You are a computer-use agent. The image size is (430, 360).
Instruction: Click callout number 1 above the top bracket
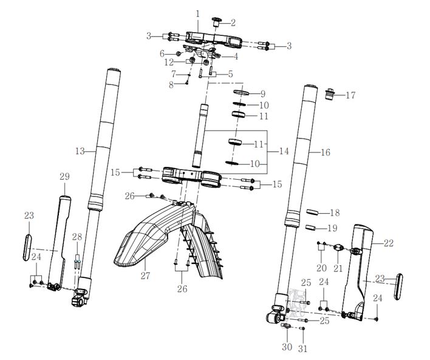click(x=198, y=14)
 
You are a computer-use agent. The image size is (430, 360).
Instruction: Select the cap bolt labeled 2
click(x=217, y=22)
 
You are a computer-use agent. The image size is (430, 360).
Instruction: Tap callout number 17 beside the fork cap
click(x=350, y=95)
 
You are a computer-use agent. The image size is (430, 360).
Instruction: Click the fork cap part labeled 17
click(x=330, y=94)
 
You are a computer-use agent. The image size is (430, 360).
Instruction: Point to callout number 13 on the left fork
click(x=80, y=151)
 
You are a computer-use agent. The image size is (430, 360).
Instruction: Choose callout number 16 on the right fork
click(x=326, y=152)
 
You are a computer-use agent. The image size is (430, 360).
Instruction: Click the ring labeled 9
click(x=241, y=92)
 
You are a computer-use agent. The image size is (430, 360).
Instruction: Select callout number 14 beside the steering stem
click(x=284, y=151)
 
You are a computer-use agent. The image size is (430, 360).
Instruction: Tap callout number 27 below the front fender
click(x=145, y=275)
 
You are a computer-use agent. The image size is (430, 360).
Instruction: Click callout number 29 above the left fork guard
click(x=65, y=176)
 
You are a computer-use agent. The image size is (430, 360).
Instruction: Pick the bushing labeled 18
click(x=313, y=212)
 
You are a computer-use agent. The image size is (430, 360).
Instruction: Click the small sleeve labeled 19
click(x=310, y=227)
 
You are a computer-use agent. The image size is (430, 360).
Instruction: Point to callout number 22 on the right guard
click(x=389, y=243)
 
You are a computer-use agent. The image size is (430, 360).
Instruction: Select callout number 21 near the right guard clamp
click(x=338, y=268)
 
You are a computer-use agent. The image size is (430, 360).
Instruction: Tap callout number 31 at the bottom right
click(x=302, y=348)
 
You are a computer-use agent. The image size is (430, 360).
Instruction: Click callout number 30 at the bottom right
click(x=287, y=347)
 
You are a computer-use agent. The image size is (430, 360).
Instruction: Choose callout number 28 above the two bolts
click(x=77, y=237)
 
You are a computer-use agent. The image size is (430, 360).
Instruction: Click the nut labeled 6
click(x=178, y=53)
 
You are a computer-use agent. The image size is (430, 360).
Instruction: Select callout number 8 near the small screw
click(x=171, y=85)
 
